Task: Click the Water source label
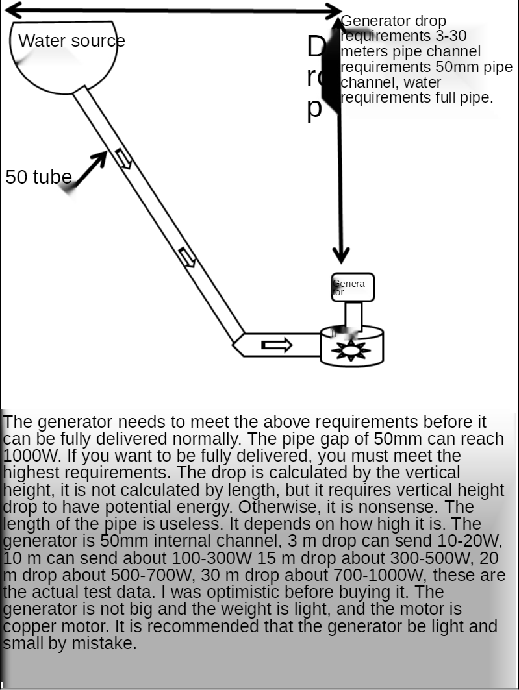71,41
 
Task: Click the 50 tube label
38,177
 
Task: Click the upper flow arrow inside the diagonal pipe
123,158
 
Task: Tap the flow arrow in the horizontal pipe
276,345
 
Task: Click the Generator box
353,288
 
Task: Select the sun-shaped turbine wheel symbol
351,351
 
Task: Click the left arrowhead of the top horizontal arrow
13,10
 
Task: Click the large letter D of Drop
316,47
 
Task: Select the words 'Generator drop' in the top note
394,21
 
